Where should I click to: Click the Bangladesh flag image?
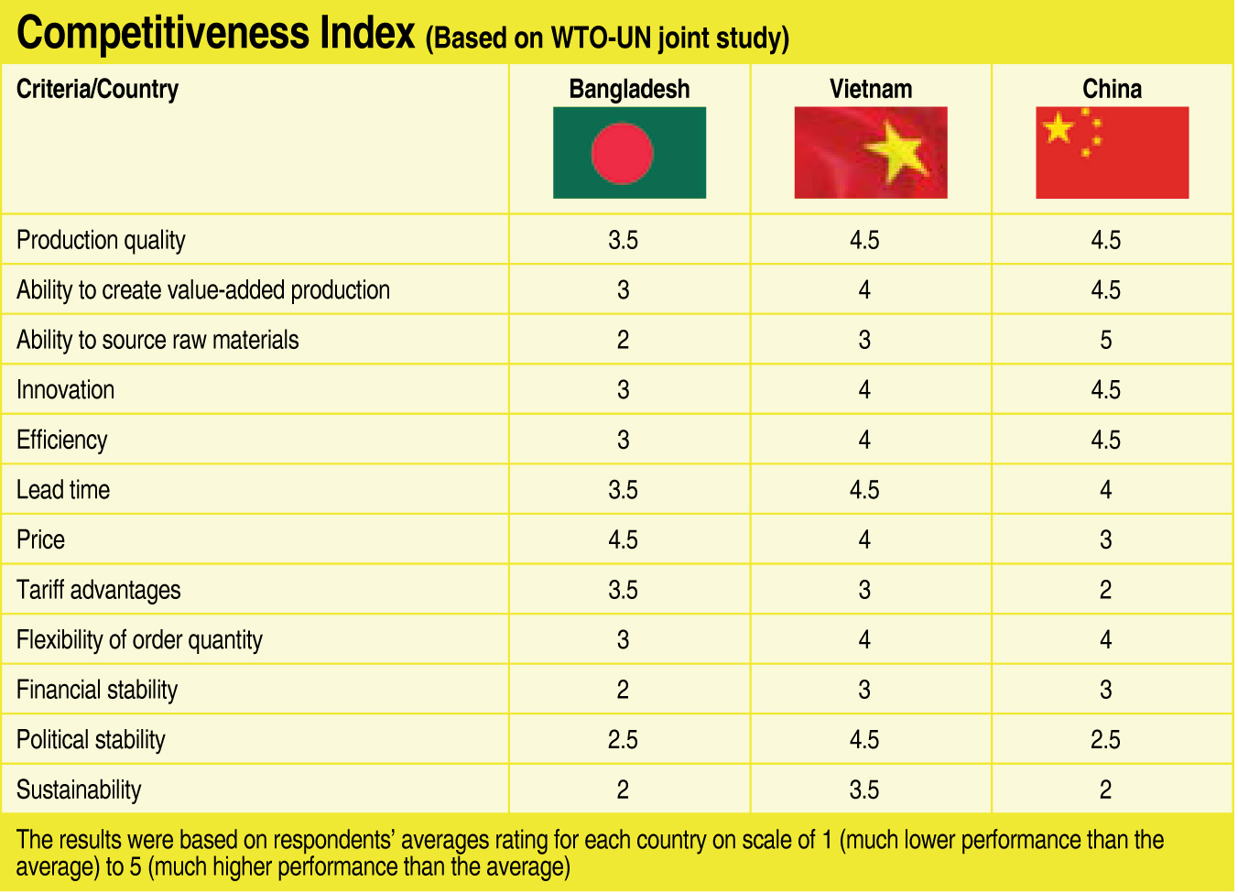pyautogui.click(x=629, y=152)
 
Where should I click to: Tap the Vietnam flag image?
pyautogui.click(x=870, y=152)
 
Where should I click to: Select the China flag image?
pyautogui.click(x=1112, y=152)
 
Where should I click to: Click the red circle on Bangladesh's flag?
pyautogui.click(x=622, y=153)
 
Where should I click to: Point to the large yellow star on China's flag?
pyautogui.click(x=1058, y=127)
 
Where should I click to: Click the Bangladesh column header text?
pyautogui.click(x=629, y=89)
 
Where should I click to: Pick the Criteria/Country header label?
pyautogui.click(x=97, y=89)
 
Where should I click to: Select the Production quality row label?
pyautogui.click(x=101, y=240)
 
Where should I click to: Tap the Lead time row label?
pyautogui.click(x=63, y=490)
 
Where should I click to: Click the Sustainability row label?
pyautogui.click(x=79, y=790)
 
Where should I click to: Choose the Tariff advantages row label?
pyautogui.click(x=98, y=590)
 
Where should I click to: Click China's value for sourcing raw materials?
pyautogui.click(x=1105, y=341)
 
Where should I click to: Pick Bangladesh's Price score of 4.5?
pyautogui.click(x=623, y=540)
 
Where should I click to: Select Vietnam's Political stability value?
pyautogui.click(x=863, y=740)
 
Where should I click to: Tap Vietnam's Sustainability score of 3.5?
pyautogui.click(x=863, y=790)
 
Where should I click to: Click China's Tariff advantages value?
pyautogui.click(x=1105, y=590)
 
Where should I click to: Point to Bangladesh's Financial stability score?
pyautogui.click(x=623, y=690)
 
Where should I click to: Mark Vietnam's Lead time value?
pyautogui.click(x=863, y=490)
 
